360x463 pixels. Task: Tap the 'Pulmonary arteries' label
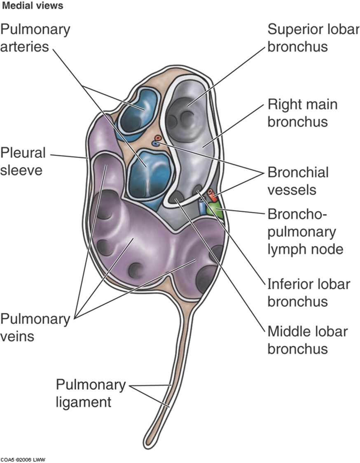(x=35, y=37)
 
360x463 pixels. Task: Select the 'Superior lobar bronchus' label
(x=313, y=37)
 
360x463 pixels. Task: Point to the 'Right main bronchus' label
(x=302, y=113)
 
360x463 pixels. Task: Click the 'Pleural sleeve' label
(x=23, y=161)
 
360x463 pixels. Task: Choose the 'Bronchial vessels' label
(x=298, y=181)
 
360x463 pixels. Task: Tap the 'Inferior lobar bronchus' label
(x=309, y=292)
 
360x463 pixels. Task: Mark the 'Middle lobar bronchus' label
(x=307, y=340)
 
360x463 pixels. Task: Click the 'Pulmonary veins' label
(x=29, y=327)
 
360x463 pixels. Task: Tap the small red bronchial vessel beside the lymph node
(x=212, y=193)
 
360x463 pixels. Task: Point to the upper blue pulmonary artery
(x=138, y=111)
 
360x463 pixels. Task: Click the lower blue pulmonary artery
(x=150, y=175)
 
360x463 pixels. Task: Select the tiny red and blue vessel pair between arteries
(x=157, y=141)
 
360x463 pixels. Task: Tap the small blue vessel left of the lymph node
(x=202, y=206)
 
